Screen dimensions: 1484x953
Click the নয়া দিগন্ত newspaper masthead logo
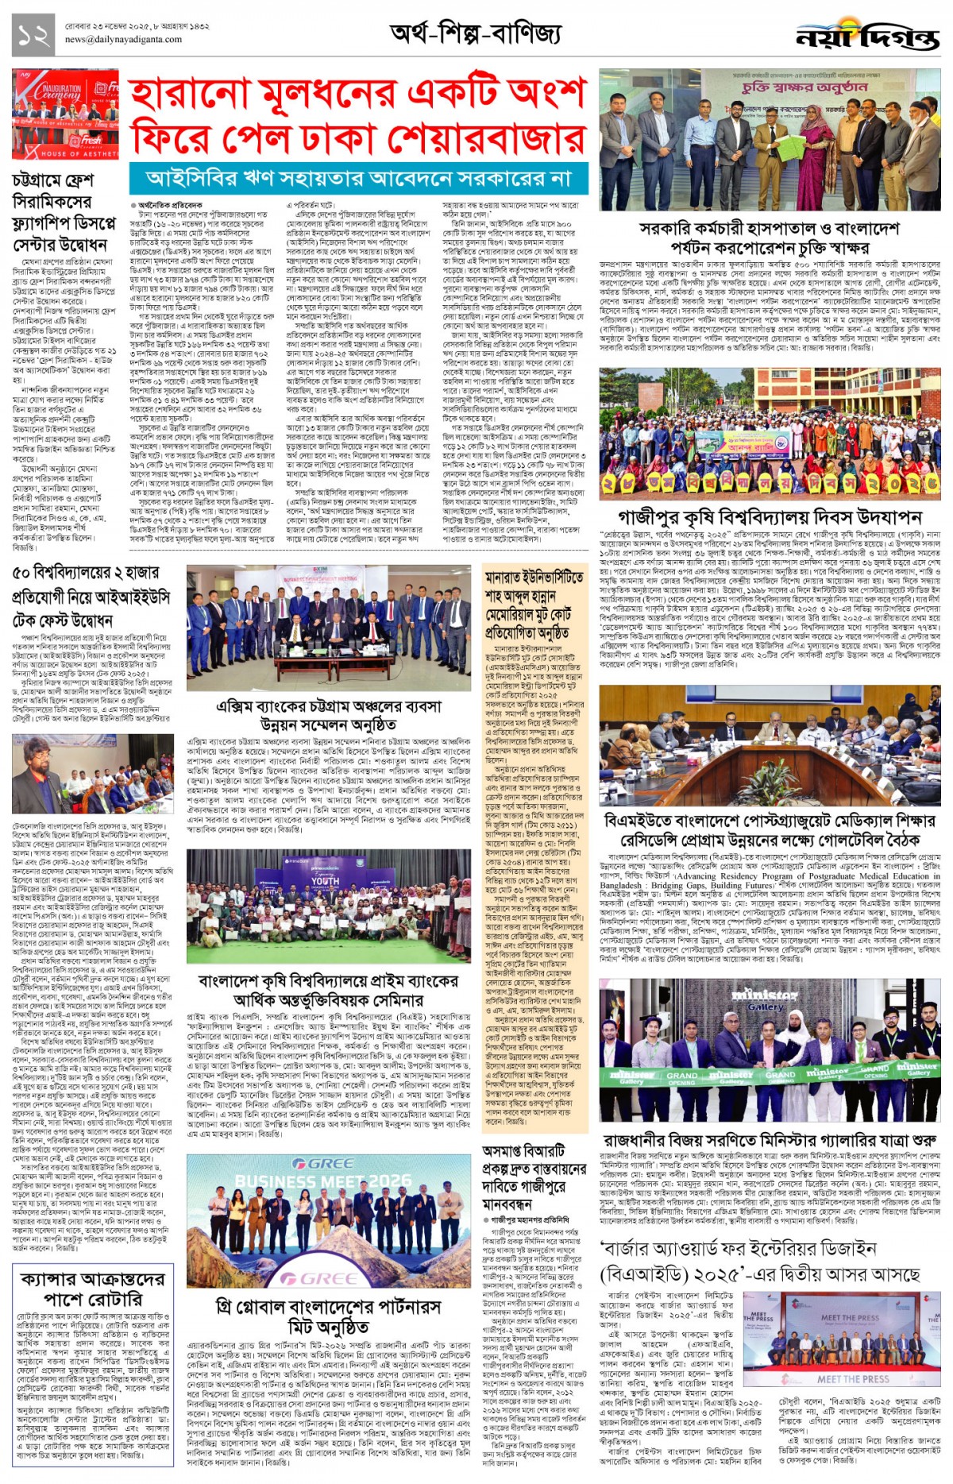coord(867,37)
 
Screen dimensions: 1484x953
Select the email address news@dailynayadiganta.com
coord(123,39)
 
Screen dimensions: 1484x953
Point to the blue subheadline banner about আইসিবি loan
coord(359,179)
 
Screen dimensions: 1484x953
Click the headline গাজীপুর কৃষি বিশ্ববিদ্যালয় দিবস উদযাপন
coord(770,517)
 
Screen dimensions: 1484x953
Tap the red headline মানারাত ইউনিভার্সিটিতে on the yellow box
coord(534,578)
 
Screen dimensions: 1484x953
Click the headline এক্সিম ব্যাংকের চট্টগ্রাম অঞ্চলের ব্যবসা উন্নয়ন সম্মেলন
coord(329,715)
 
